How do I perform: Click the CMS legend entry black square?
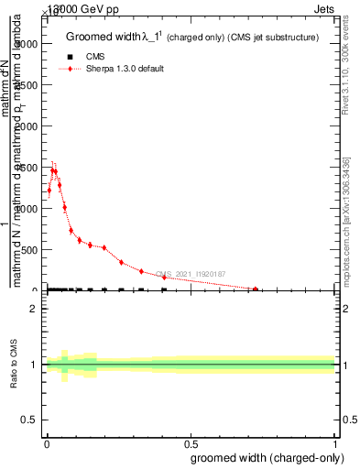(64, 57)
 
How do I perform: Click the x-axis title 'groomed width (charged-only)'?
(265, 456)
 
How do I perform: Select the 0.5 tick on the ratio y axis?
(29, 420)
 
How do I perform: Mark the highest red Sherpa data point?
(53, 170)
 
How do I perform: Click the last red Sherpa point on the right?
(256, 289)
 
